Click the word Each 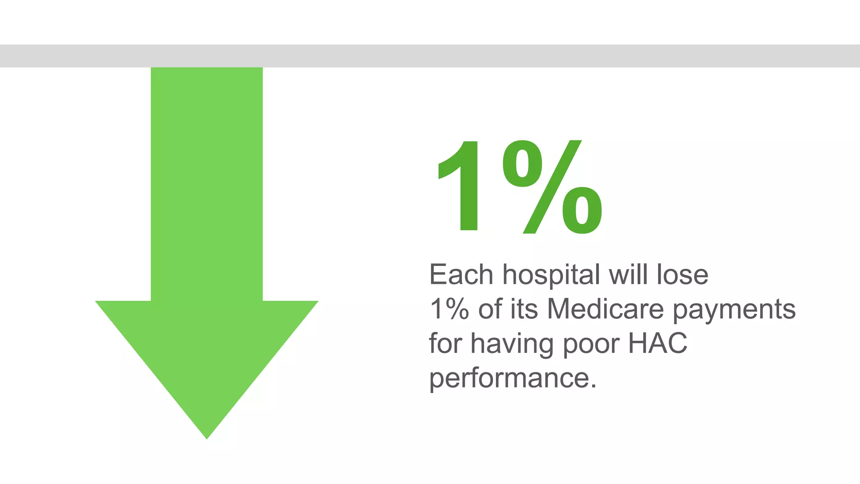[x=461, y=275]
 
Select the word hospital [x=551, y=276]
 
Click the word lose [x=682, y=275]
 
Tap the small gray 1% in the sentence [x=449, y=309]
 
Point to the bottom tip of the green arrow [x=207, y=437]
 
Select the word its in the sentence [x=524, y=309]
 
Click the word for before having [x=445, y=343]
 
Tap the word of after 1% [x=490, y=309]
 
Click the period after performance [x=593, y=386]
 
